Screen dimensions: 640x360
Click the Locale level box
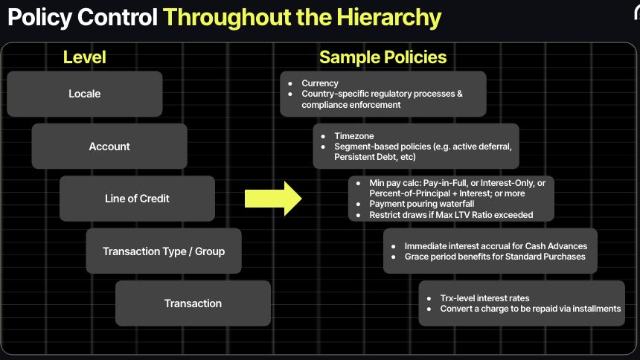tap(85, 94)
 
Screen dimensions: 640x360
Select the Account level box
tap(109, 146)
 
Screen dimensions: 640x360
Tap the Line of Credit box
tap(137, 199)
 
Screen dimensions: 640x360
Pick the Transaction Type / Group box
tap(164, 251)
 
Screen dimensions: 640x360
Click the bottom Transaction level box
tap(193, 303)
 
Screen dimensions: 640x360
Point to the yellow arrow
tap(273, 199)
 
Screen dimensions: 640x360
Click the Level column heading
tap(85, 57)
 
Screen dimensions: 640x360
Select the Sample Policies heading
tap(383, 57)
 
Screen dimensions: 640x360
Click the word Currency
tap(320, 83)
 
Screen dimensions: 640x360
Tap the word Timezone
tap(354, 136)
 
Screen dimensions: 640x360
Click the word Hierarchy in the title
tap(389, 18)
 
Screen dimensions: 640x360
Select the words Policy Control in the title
tap(83, 17)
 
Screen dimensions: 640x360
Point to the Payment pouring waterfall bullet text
tap(422, 204)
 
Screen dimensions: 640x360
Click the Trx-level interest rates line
tap(484, 298)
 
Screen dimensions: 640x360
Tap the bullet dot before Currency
tap(290, 83)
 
